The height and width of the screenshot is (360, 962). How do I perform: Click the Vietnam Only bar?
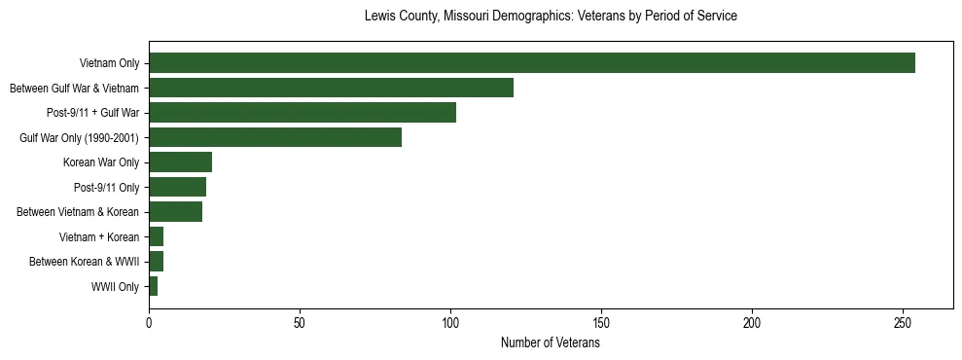(x=532, y=63)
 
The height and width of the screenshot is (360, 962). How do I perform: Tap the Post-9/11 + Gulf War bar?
(x=303, y=113)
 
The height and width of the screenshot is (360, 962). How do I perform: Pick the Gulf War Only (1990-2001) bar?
(x=275, y=137)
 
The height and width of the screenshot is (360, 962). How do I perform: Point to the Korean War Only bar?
(x=180, y=162)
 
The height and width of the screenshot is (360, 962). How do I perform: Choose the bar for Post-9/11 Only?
(x=177, y=187)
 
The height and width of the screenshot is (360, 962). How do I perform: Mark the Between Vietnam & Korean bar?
(x=175, y=212)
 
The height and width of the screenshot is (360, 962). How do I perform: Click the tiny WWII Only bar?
(x=153, y=286)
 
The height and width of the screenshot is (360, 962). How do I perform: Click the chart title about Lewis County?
(x=551, y=17)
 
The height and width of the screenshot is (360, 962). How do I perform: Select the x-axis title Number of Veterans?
(x=551, y=343)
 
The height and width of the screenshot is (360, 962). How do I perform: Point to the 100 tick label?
(x=450, y=322)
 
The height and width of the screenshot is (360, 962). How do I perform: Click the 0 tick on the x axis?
(x=149, y=322)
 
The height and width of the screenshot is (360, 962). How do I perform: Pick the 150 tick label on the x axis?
(x=601, y=322)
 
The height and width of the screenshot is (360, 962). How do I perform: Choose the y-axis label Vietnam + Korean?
(x=99, y=236)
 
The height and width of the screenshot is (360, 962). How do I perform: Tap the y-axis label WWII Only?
(x=115, y=286)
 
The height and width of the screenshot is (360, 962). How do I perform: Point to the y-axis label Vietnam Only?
(x=109, y=63)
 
